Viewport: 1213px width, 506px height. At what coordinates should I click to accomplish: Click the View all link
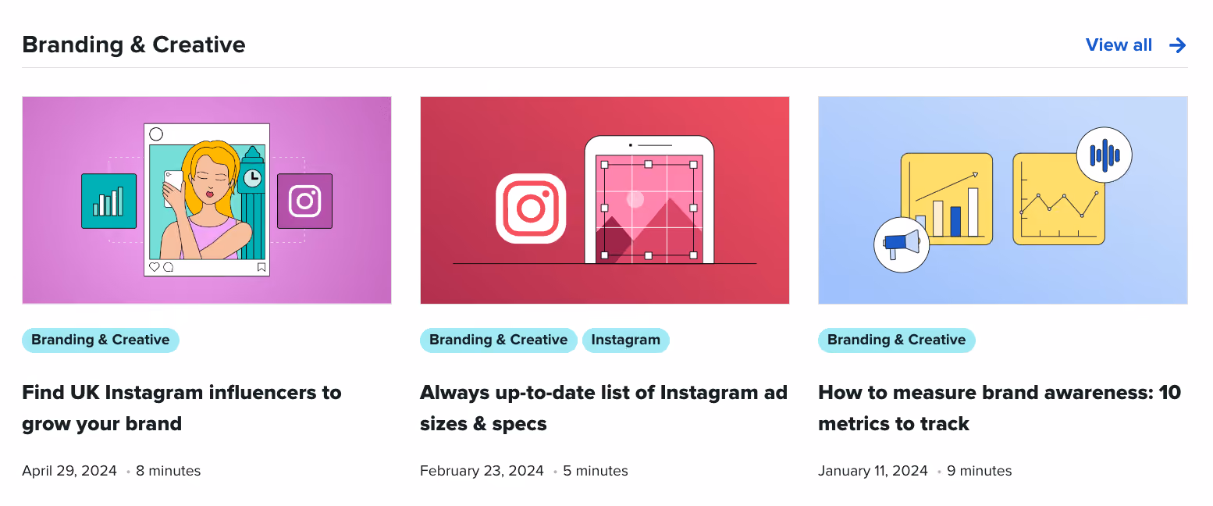1119,45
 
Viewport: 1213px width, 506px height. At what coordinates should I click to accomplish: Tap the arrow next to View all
1177,45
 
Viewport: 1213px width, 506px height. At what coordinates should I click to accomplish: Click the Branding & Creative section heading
133,45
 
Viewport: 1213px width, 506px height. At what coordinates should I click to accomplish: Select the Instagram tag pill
625,340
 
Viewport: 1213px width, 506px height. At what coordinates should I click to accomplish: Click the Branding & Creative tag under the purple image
100,340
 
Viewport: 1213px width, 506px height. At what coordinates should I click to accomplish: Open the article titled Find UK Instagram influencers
182,408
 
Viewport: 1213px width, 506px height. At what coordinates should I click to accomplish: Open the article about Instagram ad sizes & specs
604,408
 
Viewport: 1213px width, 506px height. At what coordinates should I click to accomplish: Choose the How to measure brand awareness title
1000,408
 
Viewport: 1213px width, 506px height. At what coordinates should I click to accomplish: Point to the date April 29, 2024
69,471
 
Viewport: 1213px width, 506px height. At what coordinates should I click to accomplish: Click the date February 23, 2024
482,471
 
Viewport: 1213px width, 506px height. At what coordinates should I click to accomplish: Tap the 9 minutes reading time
979,471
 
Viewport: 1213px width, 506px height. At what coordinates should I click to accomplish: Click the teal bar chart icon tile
108,201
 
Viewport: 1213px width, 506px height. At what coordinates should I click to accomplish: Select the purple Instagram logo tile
305,201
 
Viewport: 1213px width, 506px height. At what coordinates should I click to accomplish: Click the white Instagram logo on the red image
531,208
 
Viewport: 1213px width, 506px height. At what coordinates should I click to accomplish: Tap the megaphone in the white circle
902,245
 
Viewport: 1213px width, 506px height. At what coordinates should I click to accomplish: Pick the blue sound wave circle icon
1105,155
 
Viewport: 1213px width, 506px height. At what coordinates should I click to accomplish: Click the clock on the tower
252,178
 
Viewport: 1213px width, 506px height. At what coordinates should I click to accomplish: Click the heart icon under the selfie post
155,267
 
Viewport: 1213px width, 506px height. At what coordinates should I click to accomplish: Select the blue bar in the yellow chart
955,222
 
